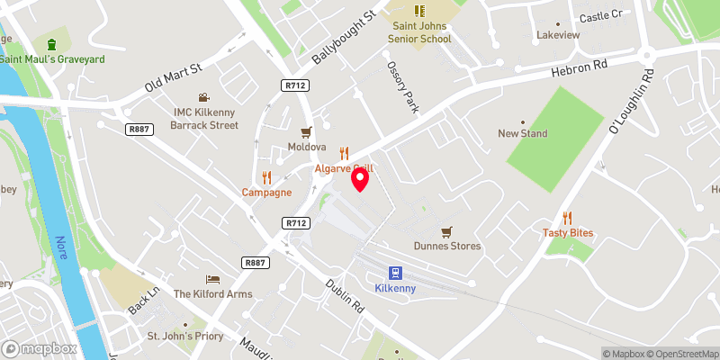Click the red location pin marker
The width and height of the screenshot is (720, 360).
point(359,181)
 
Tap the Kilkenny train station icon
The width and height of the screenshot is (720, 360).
point(394,273)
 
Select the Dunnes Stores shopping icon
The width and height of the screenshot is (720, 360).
point(446,231)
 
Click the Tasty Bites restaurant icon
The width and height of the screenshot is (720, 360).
point(567,217)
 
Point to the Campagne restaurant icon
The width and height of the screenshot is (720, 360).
point(265,177)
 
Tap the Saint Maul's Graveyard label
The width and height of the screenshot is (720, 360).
point(52,58)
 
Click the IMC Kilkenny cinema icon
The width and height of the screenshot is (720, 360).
point(205,97)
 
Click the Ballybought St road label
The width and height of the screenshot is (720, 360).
point(343,37)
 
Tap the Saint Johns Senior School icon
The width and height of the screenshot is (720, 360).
point(418,11)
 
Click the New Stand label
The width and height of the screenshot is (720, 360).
point(522,134)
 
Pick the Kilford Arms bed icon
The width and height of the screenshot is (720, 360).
point(212,279)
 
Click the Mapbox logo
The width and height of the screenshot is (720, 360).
point(40,348)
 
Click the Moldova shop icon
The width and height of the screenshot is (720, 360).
point(306,131)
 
